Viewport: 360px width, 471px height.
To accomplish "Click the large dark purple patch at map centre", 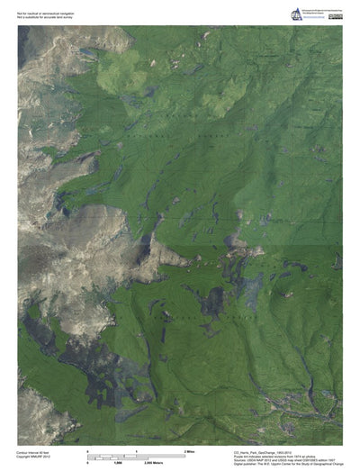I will (x=215, y=301).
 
